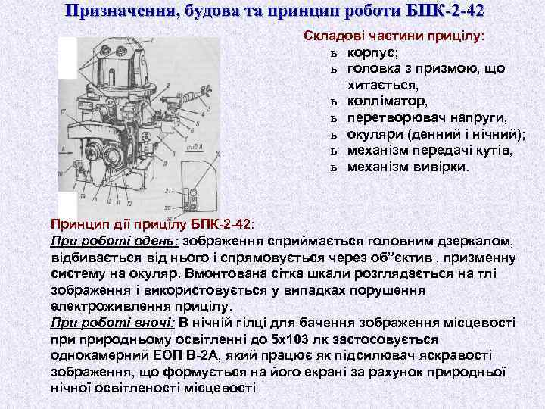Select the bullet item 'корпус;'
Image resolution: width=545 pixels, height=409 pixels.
point(373,52)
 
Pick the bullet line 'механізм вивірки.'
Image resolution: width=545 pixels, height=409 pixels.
point(408,166)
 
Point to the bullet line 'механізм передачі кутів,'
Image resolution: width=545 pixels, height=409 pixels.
point(429,150)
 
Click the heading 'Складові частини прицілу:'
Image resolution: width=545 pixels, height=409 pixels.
point(394,36)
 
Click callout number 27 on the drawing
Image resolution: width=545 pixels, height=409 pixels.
point(62,111)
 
